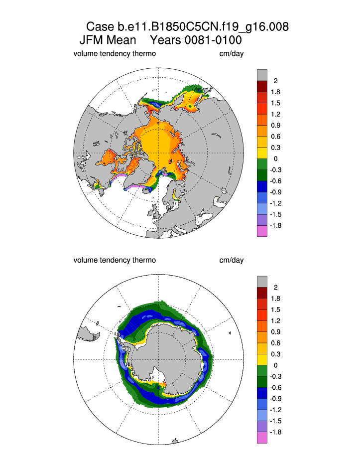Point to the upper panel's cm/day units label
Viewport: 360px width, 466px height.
point(232,53)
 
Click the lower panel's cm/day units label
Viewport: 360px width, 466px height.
point(232,260)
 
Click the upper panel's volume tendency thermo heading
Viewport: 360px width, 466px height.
point(115,53)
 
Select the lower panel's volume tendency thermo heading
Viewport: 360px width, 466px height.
point(115,260)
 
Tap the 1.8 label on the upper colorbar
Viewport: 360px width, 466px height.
point(275,92)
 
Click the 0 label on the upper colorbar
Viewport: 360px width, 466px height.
point(275,158)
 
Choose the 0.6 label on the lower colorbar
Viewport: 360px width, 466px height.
point(275,343)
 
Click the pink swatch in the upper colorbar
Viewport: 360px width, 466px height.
point(262,231)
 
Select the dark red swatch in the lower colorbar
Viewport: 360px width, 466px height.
point(262,293)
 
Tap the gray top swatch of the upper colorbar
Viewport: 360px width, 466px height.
point(262,75)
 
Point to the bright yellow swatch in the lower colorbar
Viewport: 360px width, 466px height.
point(262,360)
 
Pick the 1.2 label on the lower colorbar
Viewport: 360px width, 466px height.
point(275,321)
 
